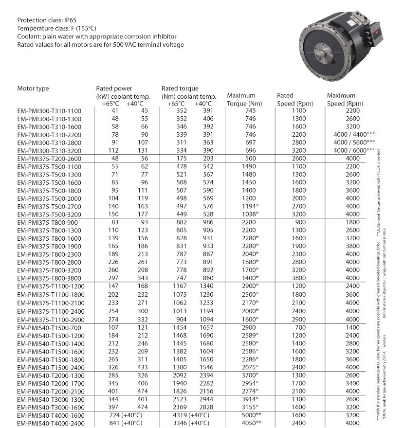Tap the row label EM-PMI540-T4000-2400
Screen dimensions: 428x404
[51, 423]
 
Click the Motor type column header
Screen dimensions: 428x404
[33, 89]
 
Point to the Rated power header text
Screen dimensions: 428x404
[114, 89]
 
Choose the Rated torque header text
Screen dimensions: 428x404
[180, 89]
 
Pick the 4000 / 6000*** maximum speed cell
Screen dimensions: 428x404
[350, 150]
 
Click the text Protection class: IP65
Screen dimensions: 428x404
[49, 20]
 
